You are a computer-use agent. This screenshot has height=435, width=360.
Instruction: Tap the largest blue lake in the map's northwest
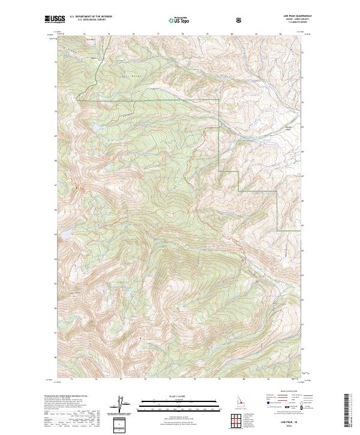pos(94,128)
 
